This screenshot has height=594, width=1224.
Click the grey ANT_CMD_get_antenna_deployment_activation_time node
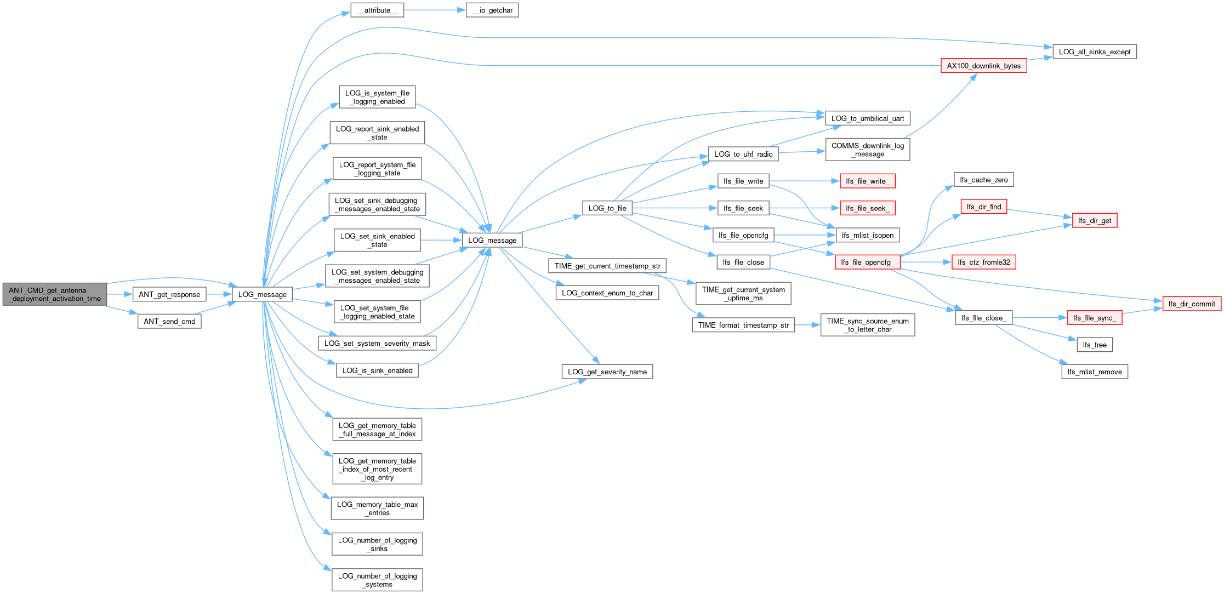55,294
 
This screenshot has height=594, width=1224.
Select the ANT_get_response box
169,294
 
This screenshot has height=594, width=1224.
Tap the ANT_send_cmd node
169,321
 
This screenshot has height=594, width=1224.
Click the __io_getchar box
492,10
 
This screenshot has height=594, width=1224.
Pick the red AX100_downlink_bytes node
984,66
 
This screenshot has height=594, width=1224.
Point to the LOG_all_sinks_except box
1095,52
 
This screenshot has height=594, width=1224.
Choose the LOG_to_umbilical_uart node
868,118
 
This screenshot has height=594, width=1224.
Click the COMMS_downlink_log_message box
868,150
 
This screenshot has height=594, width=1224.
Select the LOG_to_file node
607,208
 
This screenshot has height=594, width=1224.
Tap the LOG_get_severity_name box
607,372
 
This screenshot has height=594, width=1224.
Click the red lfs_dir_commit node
1192,304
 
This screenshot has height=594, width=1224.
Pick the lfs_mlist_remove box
1095,372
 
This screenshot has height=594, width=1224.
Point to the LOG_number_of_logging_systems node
377,580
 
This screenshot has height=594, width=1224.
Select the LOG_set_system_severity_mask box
377,343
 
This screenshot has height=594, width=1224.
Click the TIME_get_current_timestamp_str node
607,266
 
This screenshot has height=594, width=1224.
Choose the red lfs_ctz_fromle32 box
984,262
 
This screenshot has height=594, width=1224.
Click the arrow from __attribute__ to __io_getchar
435,10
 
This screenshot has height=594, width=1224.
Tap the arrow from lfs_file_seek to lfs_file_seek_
805,208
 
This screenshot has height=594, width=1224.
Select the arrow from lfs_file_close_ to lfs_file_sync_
1040,317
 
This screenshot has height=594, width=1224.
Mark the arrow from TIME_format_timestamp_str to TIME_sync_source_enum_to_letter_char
807,325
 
